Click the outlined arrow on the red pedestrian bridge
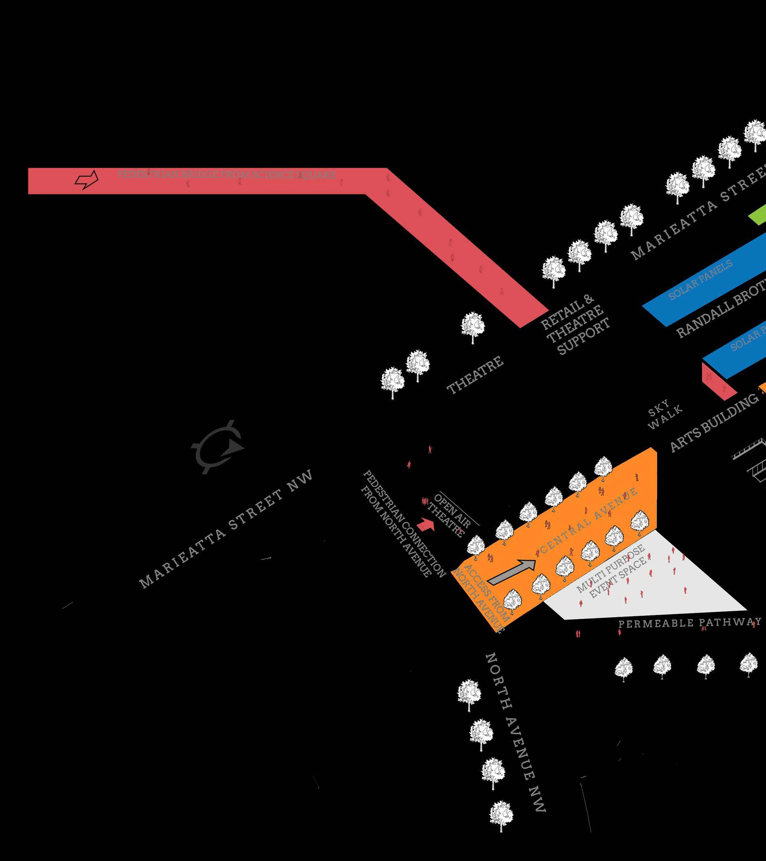point(87,180)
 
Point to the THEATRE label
point(475,375)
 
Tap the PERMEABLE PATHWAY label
point(689,623)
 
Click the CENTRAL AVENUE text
point(589,521)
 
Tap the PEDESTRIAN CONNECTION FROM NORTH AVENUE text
point(403,524)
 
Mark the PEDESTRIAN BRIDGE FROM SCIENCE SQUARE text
point(226,174)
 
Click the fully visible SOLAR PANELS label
point(700,279)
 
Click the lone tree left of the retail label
point(473,327)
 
